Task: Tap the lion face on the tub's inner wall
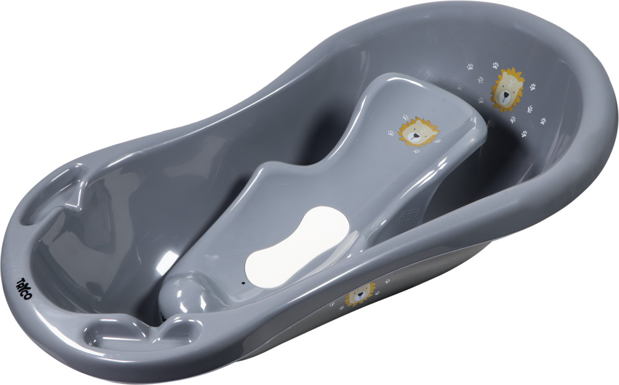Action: (508, 90)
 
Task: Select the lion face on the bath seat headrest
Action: (418, 132)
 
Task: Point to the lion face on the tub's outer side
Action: (360, 294)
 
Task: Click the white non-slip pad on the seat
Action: (298, 245)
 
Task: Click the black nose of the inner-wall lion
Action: (505, 95)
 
